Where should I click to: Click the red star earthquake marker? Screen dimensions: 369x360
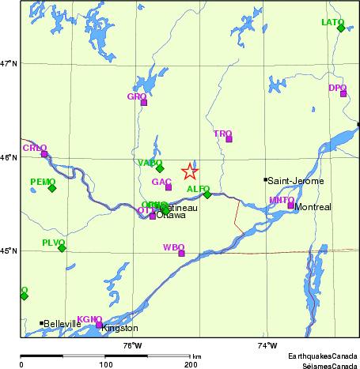[190, 171]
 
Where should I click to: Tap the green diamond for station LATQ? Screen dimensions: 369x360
[341, 28]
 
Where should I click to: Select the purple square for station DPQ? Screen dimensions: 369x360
[343, 94]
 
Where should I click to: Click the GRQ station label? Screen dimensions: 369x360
[136, 96]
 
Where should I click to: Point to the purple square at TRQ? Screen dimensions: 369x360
[229, 139]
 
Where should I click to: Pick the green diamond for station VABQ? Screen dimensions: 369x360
[160, 168]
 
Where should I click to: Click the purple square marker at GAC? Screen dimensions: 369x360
[169, 187]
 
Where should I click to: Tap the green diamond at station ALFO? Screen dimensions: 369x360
[207, 194]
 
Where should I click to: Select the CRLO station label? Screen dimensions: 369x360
[35, 148]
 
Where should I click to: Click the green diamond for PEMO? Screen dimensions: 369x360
[52, 188]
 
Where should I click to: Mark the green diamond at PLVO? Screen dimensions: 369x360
[62, 248]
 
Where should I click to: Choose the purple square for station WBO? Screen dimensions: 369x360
[181, 254]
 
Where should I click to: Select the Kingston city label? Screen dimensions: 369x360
[120, 328]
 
